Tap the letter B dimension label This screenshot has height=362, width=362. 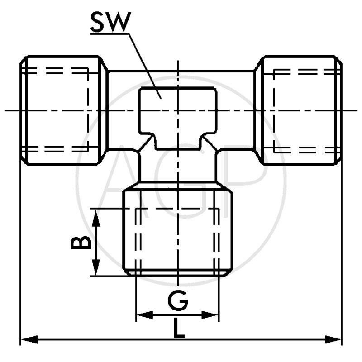coord(81,243)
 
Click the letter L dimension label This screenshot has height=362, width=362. coord(179,329)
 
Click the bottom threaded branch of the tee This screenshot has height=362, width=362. coord(178,231)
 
